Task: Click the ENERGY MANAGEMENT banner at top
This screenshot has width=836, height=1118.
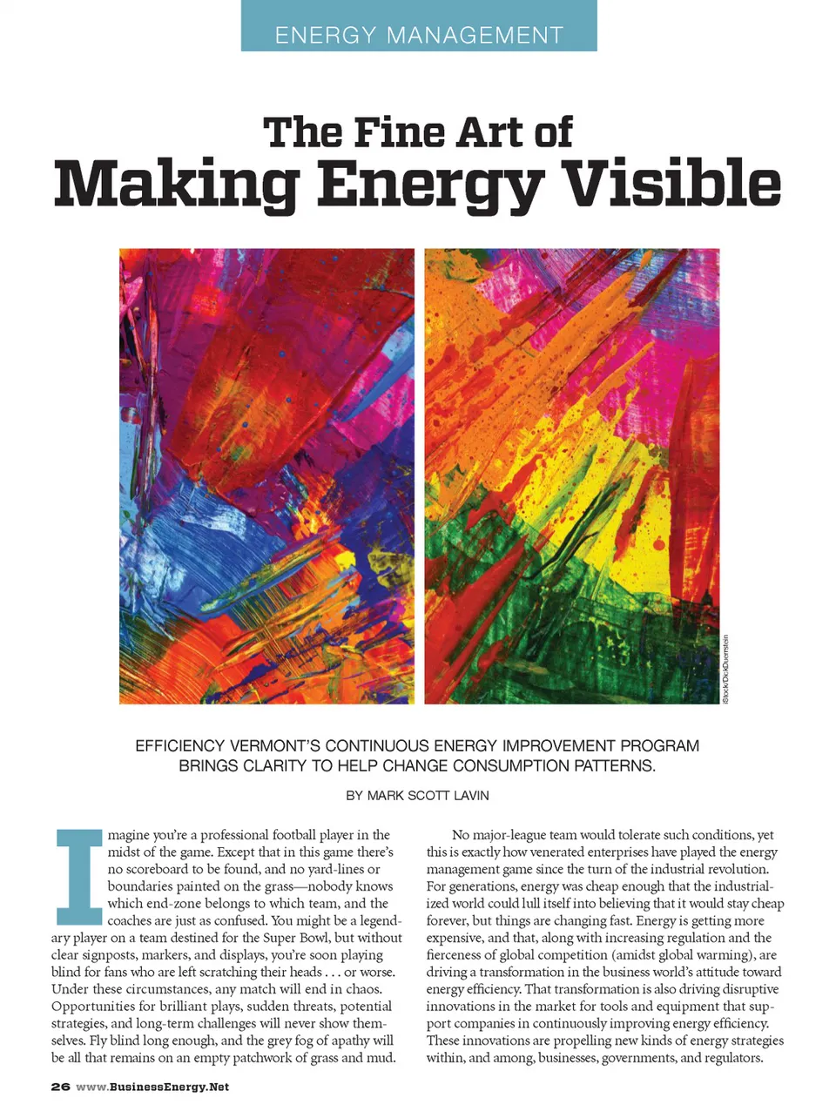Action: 419,35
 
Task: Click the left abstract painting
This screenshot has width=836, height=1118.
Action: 266,476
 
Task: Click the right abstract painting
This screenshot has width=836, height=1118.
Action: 572,476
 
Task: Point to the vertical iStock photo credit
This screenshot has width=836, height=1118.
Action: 725,668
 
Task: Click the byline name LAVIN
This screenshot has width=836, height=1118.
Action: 469,795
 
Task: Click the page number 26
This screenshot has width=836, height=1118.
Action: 60,1087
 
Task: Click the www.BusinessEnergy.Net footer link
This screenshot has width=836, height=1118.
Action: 152,1087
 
